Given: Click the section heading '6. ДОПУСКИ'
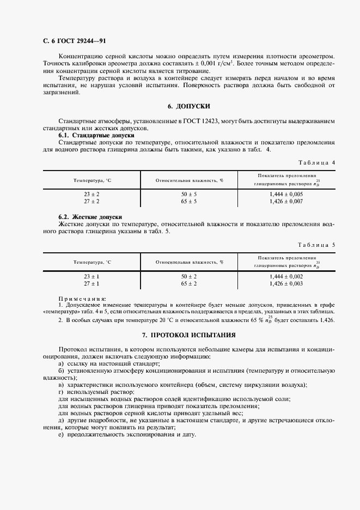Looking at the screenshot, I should point(188,106).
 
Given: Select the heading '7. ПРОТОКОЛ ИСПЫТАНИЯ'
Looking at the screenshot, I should point(188,335).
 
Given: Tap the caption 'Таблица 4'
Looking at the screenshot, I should point(318,162).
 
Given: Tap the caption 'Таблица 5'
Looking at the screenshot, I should point(318,245).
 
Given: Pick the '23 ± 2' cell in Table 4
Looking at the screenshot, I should point(91,194).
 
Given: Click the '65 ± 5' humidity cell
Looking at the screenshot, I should point(189,202).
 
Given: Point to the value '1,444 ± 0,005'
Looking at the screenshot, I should point(286,194).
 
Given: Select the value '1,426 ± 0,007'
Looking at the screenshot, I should point(286,202).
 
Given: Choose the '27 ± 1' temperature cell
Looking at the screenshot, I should point(91,284).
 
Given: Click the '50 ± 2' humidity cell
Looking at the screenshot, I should point(189,276).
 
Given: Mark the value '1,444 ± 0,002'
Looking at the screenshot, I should point(286,276).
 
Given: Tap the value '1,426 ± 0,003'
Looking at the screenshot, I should point(286,284).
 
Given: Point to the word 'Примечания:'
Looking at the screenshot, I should point(82,298).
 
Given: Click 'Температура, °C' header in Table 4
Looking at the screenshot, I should point(92,180).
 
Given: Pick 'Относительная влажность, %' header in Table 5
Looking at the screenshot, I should point(190,262).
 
